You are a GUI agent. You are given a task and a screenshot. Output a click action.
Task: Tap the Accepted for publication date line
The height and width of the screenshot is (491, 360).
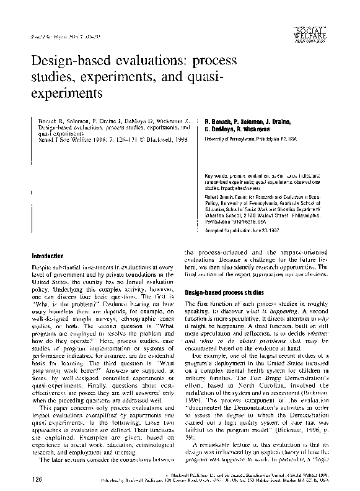pos(240,230)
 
